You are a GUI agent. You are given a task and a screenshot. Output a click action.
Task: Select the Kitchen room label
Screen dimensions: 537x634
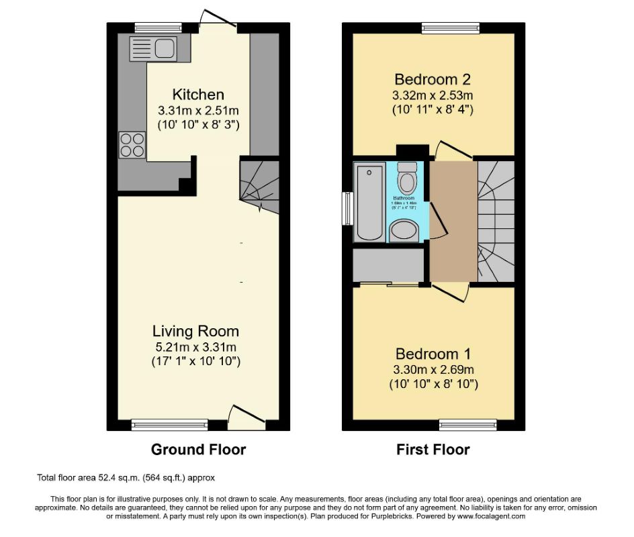coord(198,94)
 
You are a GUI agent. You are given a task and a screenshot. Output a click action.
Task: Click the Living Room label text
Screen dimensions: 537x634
coord(195,331)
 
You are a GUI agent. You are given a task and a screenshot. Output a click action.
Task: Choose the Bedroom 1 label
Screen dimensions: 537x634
coord(433,354)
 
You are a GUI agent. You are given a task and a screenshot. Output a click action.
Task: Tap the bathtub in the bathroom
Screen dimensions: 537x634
coord(369,201)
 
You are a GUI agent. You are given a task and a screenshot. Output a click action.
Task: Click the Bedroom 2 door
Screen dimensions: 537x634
coord(444,150)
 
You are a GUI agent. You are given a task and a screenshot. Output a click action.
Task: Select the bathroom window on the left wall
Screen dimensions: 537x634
coord(347,209)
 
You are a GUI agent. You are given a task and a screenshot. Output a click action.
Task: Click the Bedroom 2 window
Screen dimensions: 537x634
coord(451,28)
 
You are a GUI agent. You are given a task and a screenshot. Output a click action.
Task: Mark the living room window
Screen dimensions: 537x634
coord(169,424)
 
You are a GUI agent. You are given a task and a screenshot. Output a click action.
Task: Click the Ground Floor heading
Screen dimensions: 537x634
coord(198,450)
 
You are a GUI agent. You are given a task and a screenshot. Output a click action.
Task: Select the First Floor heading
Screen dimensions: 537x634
coord(433,450)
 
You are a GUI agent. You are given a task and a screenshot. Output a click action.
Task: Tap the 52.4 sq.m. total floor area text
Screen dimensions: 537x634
coord(126,478)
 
